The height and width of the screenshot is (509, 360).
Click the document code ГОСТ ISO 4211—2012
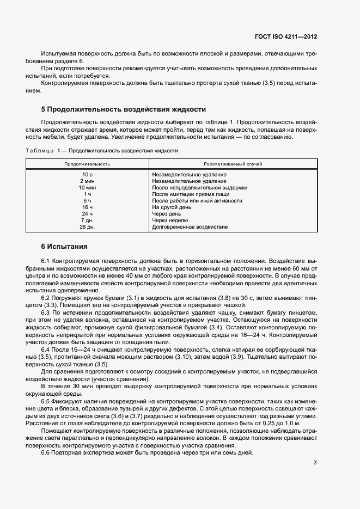click(285, 36)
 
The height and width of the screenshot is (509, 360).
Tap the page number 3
click(315, 463)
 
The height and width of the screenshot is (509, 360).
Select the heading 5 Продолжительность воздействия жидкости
click(124, 109)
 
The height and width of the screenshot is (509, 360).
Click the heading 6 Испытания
click(64, 246)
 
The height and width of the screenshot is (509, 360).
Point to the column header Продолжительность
click(87, 163)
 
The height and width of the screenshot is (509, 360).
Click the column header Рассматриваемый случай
click(233, 163)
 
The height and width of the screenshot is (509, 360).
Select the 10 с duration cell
click(87, 175)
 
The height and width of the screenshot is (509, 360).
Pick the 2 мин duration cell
click(87, 181)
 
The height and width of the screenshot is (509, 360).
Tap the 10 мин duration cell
click(87, 188)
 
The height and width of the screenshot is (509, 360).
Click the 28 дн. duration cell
click(87, 227)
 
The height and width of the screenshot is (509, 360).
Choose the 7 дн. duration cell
click(87, 220)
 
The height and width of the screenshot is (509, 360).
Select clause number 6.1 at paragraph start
click(46, 262)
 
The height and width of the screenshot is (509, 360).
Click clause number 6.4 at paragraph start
click(46, 348)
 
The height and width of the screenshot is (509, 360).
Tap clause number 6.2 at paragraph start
click(46, 298)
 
